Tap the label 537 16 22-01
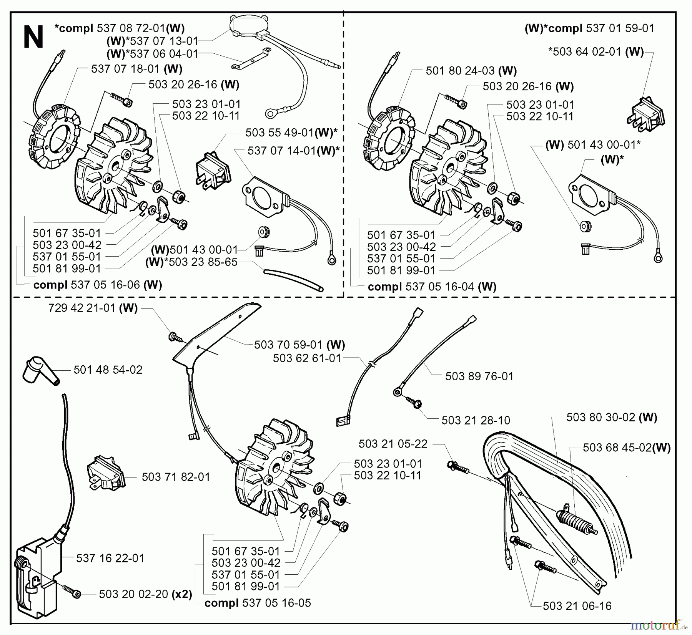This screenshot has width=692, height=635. click(x=110, y=558)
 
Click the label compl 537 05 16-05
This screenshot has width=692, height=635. click(x=258, y=603)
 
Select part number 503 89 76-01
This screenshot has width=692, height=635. click(x=479, y=376)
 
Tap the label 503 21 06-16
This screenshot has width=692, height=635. click(x=577, y=606)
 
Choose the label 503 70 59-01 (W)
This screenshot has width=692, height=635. click(x=299, y=345)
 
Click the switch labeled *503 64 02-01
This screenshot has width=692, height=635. click(x=647, y=112)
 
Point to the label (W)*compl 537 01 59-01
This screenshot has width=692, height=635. click(x=589, y=28)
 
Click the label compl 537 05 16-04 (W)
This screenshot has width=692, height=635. click(x=432, y=287)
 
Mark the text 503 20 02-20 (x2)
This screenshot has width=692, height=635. click(x=145, y=594)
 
